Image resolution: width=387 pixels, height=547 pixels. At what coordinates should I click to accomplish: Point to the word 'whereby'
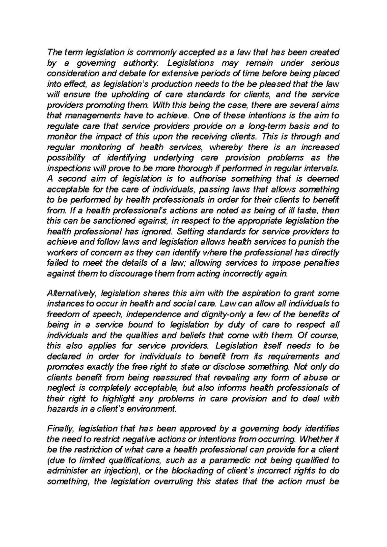click(225, 147)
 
